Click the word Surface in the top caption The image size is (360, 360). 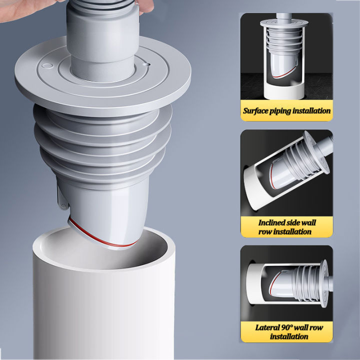(256, 111)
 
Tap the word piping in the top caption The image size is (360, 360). (282, 111)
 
